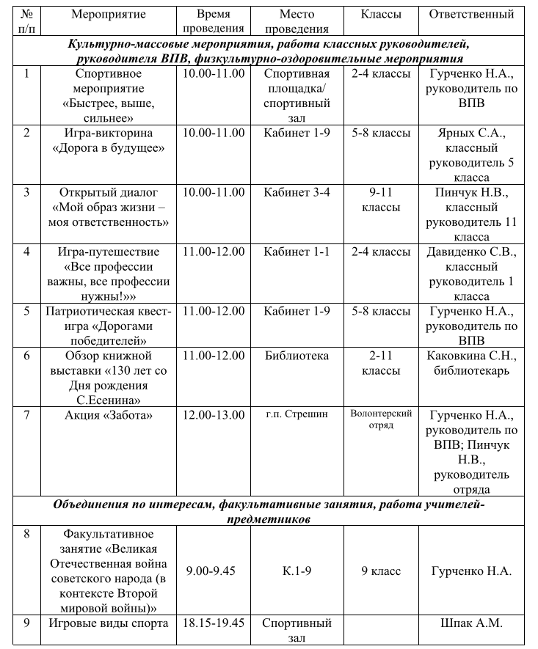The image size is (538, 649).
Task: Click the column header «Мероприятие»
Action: pos(109,15)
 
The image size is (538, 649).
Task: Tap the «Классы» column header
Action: pos(381,15)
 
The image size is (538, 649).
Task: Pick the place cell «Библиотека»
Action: pos(297,356)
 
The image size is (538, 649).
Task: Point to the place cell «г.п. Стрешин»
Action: pos(297,415)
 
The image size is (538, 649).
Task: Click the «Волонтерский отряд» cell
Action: pos(381,419)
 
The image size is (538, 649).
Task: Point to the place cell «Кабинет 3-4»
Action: pos(297,193)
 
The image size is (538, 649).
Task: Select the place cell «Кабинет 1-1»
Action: pos(297,252)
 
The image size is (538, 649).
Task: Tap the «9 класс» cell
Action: pos(381,571)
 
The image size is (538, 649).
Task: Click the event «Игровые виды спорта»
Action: pos(109,624)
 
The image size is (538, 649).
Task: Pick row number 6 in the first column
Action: pos(27,356)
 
